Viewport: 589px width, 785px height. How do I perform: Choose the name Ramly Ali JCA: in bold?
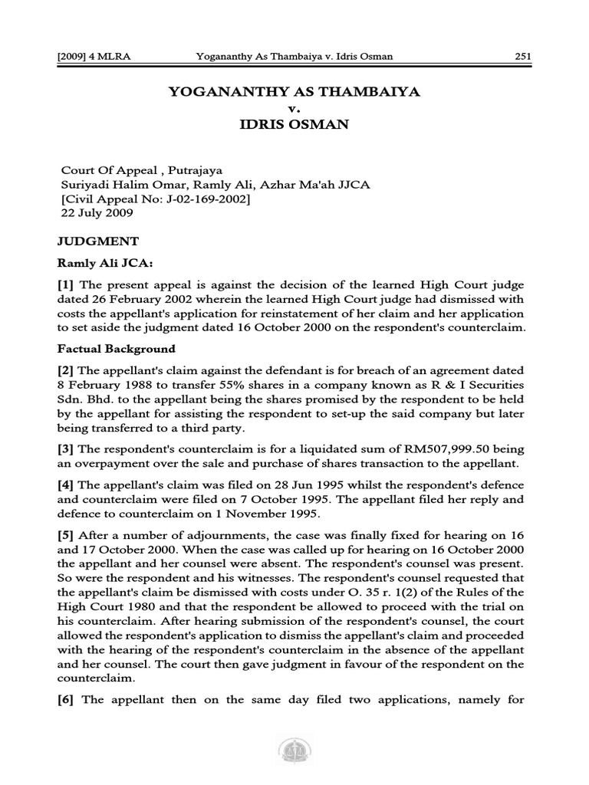[101, 264]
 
